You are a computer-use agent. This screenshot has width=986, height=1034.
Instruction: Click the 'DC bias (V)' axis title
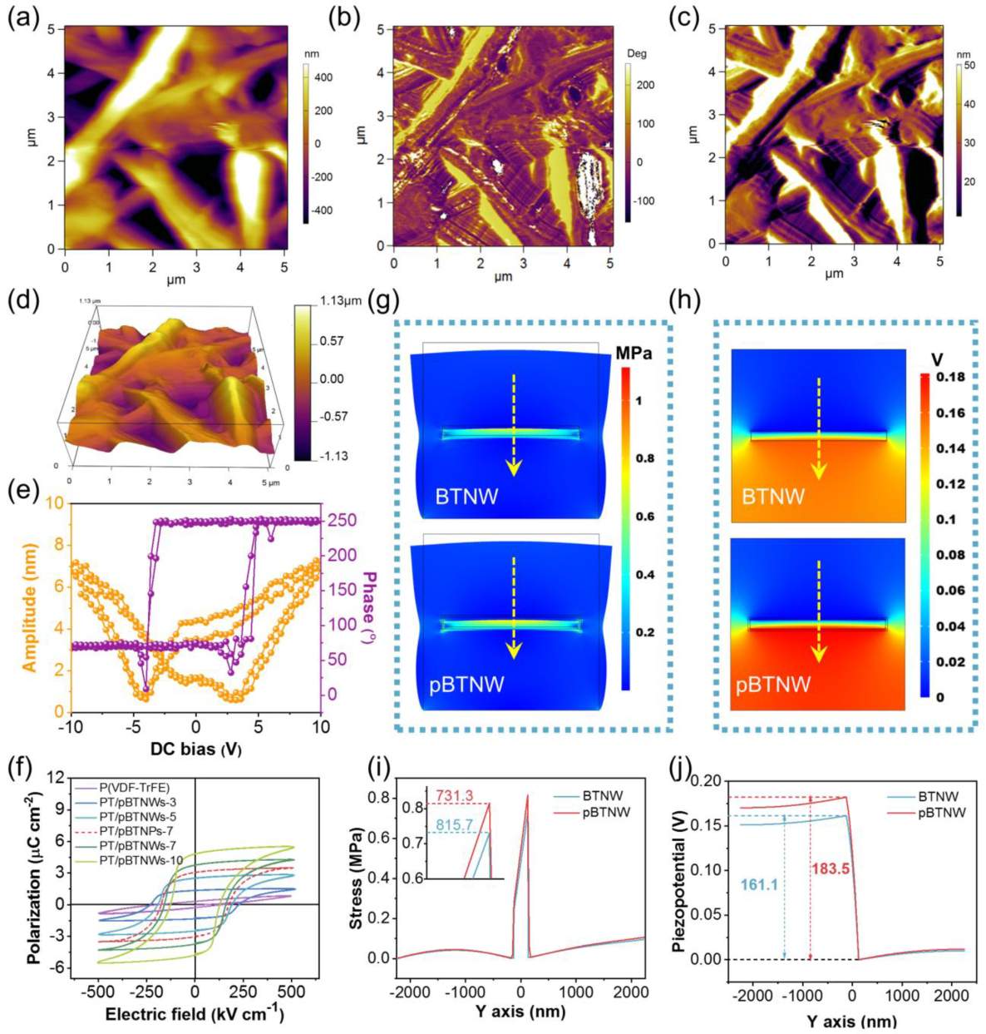(x=195, y=750)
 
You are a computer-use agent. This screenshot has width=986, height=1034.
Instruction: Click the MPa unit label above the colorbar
(x=634, y=354)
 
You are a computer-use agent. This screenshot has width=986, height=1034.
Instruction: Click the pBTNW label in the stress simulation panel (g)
(x=471, y=685)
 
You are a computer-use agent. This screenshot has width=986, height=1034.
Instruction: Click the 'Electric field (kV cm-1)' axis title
(x=195, y=1015)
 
